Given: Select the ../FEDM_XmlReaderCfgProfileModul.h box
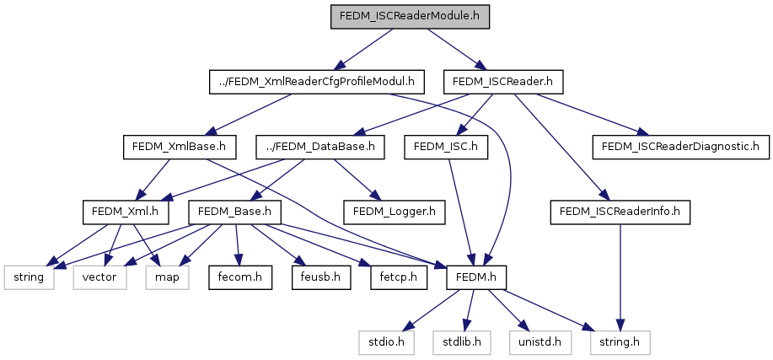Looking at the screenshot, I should (316, 82).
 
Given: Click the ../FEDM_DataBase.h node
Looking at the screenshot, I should (321, 147).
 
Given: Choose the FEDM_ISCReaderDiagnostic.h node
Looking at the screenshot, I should (680, 147).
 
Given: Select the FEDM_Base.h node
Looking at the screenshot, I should (234, 212).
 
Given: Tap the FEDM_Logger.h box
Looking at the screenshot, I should (395, 212).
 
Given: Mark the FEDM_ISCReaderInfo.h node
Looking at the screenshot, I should (620, 212).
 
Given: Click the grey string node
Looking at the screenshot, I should (30, 277).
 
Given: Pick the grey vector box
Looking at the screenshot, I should (99, 277).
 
